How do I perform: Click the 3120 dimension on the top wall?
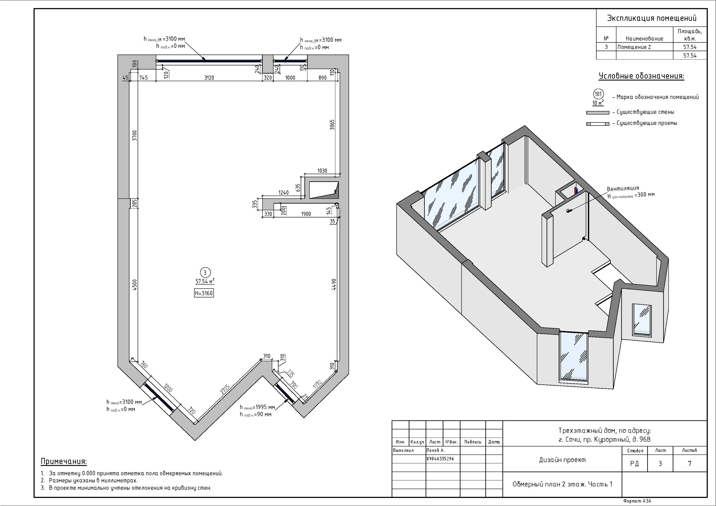(209, 78)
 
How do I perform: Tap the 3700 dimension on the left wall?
(135, 136)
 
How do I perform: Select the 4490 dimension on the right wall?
(334, 284)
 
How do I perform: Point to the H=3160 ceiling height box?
(204, 293)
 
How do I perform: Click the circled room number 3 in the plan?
(205, 273)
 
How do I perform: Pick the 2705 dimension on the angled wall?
(225, 390)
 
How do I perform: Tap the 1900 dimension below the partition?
(306, 214)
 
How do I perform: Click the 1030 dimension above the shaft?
(322, 171)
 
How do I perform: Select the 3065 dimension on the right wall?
(333, 125)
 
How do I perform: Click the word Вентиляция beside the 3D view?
(623, 189)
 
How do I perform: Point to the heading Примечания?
(64, 462)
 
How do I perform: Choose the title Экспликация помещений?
(651, 18)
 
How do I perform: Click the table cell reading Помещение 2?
(634, 47)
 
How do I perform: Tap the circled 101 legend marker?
(598, 94)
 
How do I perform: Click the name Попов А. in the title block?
(436, 450)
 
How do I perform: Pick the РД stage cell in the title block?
(634, 464)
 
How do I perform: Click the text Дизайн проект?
(562, 460)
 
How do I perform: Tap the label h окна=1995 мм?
(257, 407)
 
